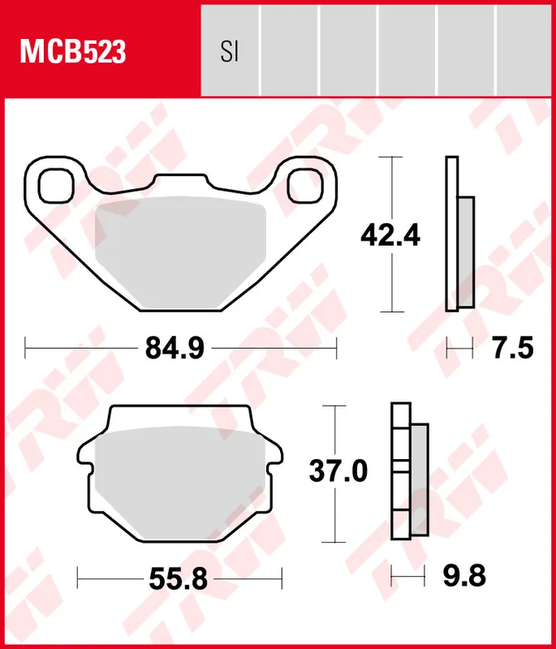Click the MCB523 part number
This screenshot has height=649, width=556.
[73, 51]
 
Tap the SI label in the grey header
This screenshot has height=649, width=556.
[230, 52]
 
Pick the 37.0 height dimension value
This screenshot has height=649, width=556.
[338, 471]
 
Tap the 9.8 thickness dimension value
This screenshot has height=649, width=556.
[465, 577]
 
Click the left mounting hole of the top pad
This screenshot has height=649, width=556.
[56, 183]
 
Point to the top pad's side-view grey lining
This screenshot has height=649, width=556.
[466, 251]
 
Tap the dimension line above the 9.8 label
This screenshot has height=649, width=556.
[407, 577]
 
